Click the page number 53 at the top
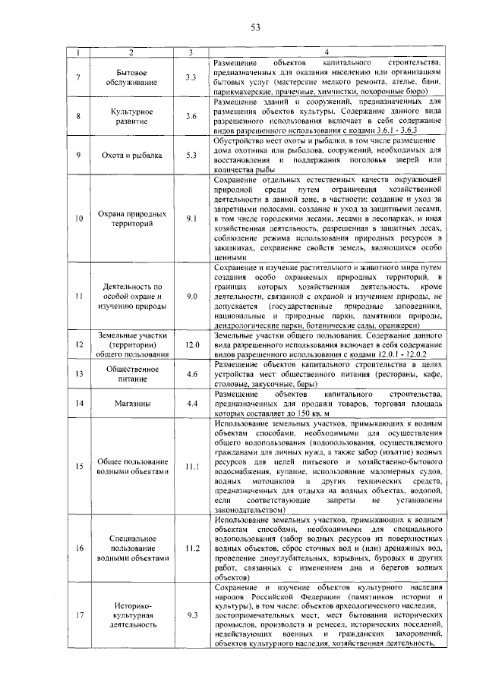[x=256, y=28]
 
